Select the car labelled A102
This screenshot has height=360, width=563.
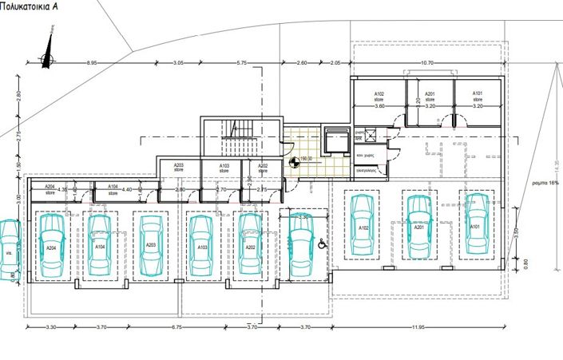(x=362, y=226)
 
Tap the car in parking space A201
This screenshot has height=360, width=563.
(x=418, y=226)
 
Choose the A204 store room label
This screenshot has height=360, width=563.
(x=50, y=189)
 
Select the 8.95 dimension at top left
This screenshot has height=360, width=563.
(x=93, y=62)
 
